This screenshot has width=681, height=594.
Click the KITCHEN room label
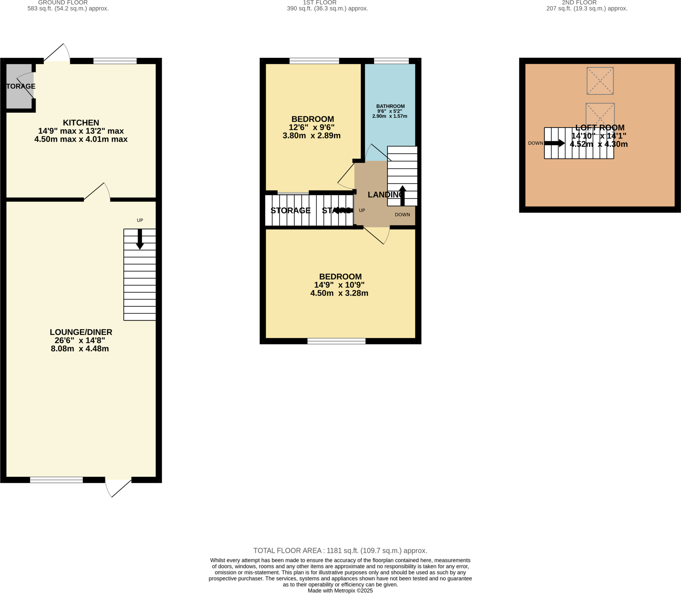[x=81, y=123]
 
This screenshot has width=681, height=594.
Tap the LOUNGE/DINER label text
[x=81, y=332]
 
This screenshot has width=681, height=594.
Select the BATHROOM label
[x=390, y=106]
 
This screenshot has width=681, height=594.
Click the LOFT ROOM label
[x=600, y=128]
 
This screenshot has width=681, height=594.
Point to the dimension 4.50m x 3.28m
[x=339, y=293]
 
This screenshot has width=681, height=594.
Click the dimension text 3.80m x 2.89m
[x=312, y=136]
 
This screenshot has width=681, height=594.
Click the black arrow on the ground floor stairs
[x=140, y=239]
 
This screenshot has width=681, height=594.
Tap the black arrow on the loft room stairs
[x=554, y=143]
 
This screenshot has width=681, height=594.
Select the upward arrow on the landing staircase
[x=402, y=196]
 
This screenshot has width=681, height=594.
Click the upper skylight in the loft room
[x=600, y=81]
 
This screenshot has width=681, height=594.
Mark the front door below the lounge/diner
[x=118, y=488]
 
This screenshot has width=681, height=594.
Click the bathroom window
[x=391, y=61]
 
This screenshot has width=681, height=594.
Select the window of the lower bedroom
[x=336, y=341]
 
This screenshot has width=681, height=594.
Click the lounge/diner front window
[x=56, y=480]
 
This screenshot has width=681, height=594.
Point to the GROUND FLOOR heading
[x=63, y=3]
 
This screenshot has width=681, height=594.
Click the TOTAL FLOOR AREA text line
[x=340, y=550]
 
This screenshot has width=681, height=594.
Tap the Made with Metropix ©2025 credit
[x=340, y=591]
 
